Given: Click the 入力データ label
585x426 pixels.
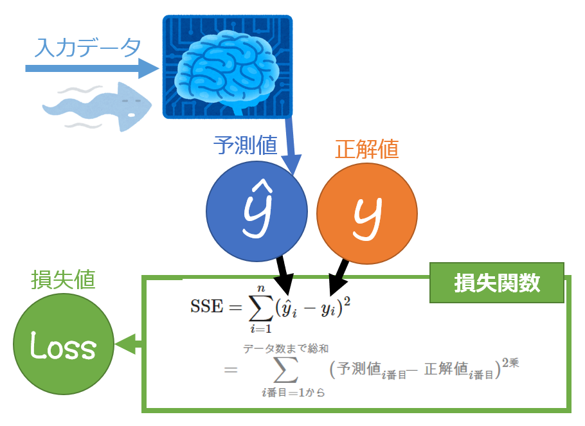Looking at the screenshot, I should tap(88, 48).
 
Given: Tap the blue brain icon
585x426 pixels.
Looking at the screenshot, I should tap(227, 67).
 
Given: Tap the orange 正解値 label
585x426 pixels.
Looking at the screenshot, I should tap(366, 149).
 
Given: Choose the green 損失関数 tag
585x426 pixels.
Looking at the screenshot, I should tap(497, 283).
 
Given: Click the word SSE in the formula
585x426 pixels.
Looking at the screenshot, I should tap(205, 306).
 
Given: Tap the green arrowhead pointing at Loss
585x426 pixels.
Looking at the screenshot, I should tap(125, 344).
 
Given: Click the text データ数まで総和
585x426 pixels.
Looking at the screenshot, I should tap(285, 348).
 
